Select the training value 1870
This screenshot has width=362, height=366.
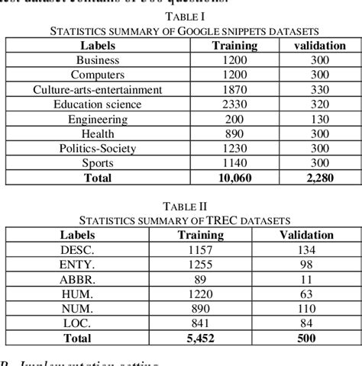pyautogui.click(x=234, y=90)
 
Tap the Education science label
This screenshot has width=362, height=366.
pyautogui.click(x=97, y=104)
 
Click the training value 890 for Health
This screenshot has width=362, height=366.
pyautogui.click(x=234, y=133)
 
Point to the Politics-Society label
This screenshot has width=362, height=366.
pyautogui.click(x=97, y=149)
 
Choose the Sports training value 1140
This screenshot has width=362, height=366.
pyautogui.click(x=234, y=163)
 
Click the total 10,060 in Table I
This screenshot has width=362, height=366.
pyautogui.click(x=234, y=178)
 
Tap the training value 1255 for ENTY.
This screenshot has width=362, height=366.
pyautogui.click(x=200, y=264)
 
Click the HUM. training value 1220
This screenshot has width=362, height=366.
pyautogui.click(x=200, y=294)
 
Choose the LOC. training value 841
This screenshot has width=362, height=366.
pyautogui.click(x=200, y=323)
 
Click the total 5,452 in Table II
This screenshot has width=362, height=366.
pyautogui.click(x=200, y=339)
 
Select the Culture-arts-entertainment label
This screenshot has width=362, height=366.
pyautogui.click(x=97, y=90)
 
